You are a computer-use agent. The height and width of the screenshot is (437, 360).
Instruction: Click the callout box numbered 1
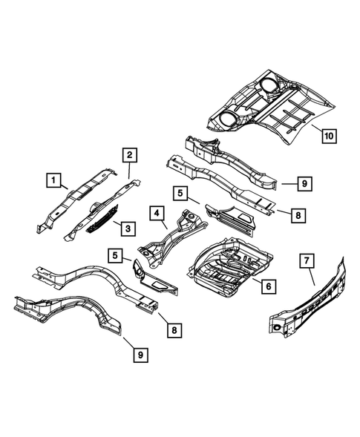[x=52, y=179]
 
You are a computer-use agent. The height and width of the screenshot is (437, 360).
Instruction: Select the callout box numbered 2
[x=129, y=155]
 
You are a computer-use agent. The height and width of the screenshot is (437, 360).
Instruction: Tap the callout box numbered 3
[x=128, y=227]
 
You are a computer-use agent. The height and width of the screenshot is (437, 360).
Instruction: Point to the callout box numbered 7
[x=304, y=260]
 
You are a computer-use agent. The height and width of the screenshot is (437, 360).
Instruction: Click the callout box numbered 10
[x=329, y=135]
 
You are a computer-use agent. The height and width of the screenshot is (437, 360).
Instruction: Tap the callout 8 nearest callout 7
[x=296, y=215]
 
